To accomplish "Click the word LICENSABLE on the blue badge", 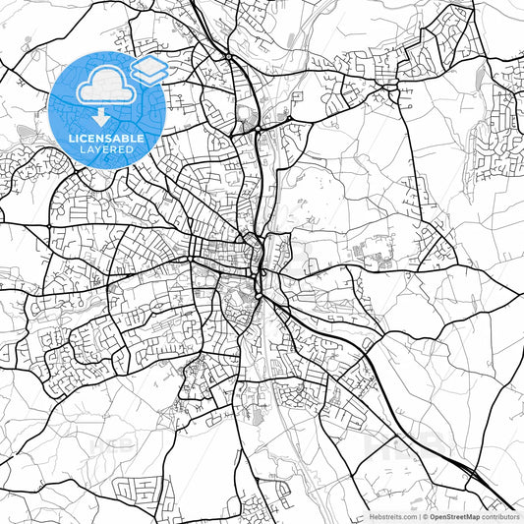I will [106, 139].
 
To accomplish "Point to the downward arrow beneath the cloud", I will [101, 115].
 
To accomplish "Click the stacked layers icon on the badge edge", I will [148, 69].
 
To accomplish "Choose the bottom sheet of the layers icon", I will [148, 76].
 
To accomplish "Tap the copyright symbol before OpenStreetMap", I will [424, 515].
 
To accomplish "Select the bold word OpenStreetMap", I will [453, 515].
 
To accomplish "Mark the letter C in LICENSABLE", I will [83, 139].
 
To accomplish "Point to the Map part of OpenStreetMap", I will [470, 515].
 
